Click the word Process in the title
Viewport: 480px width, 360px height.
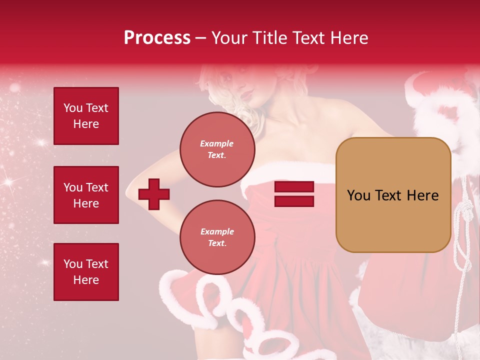click(x=157, y=38)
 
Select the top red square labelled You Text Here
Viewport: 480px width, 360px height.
click(x=86, y=116)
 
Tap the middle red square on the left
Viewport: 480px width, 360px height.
click(x=86, y=195)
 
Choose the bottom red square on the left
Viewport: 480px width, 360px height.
click(x=86, y=272)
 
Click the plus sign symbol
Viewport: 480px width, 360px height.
click(x=154, y=193)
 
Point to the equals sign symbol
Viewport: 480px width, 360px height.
click(x=294, y=194)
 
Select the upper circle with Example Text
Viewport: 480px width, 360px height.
click(x=217, y=149)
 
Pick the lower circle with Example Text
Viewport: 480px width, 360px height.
click(x=217, y=237)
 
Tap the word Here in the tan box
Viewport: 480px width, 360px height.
click(x=422, y=195)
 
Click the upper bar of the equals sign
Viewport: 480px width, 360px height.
click(x=294, y=187)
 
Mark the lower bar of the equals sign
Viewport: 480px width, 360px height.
click(x=294, y=201)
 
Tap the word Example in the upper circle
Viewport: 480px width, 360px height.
click(x=217, y=143)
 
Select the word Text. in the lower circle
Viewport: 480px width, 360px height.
click(x=217, y=243)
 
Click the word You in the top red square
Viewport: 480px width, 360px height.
click(x=73, y=108)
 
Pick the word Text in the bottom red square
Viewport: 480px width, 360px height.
click(x=97, y=264)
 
